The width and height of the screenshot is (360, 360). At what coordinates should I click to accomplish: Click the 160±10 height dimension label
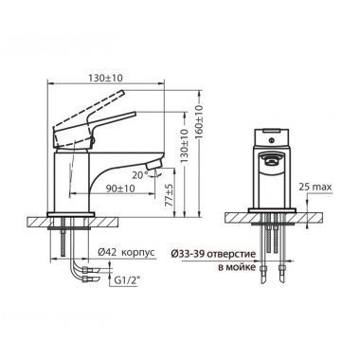click(199, 122)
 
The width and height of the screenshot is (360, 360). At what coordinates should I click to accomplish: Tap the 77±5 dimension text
click(171, 196)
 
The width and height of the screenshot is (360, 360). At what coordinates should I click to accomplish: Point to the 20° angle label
click(140, 175)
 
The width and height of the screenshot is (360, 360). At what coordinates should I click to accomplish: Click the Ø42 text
click(107, 252)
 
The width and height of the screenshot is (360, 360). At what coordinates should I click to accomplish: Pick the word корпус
click(137, 253)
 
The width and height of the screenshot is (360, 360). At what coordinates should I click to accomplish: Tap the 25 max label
click(315, 188)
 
